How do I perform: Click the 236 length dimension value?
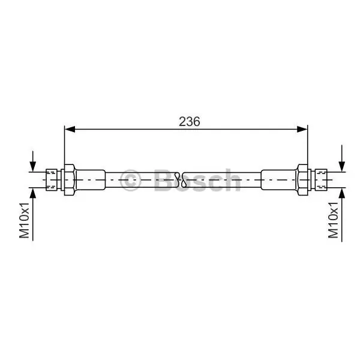point(190,121)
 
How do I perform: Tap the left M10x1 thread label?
point(25,220)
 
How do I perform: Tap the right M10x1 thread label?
point(334,220)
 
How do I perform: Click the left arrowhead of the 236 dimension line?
point(70,129)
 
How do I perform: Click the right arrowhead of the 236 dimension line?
point(302,129)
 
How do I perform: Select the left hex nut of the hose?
point(70,180)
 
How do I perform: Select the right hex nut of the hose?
point(302,180)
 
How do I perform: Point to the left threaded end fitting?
point(52,180)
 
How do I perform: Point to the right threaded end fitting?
point(321,180)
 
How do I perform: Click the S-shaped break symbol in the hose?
point(180,180)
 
